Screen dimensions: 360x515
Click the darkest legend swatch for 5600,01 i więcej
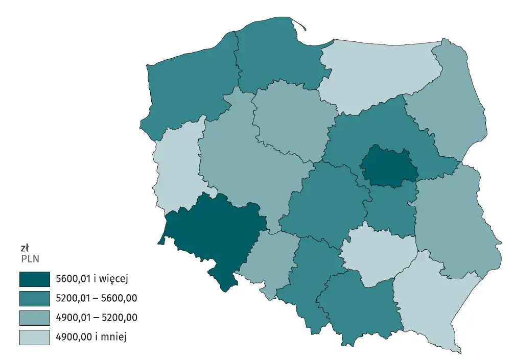coord(35,279)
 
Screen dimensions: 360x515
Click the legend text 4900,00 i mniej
coord(91,337)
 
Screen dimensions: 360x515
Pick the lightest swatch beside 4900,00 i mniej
coord(35,337)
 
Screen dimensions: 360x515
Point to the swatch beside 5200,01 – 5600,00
coord(35,298)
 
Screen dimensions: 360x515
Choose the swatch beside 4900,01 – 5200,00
coord(35,318)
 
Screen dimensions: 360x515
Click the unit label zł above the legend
coord(24,248)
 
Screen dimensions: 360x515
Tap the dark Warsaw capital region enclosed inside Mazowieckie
coord(388,166)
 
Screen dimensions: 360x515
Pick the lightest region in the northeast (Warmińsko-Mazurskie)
coord(378,74)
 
